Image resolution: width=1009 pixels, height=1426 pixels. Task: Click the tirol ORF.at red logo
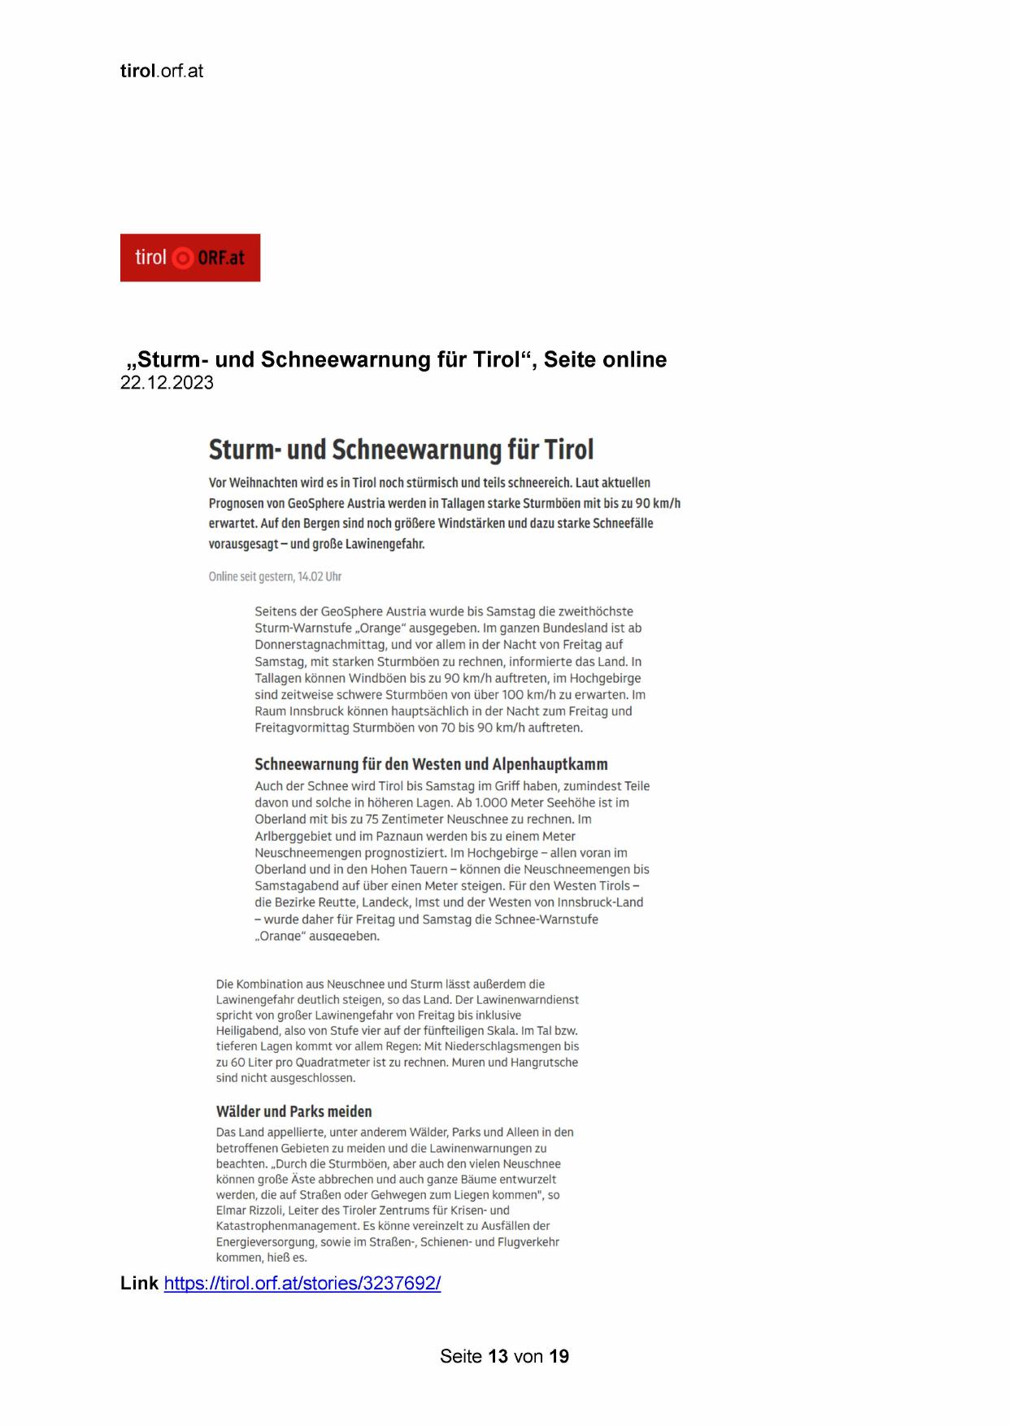189,258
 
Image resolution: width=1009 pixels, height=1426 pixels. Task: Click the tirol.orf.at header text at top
162,71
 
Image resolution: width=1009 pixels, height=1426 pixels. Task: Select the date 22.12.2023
167,383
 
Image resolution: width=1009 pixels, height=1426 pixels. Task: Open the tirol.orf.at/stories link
302,1283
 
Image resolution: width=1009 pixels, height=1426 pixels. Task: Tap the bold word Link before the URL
139,1283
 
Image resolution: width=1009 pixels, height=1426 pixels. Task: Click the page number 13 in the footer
498,1356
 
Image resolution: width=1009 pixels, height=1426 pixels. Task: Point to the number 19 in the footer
559,1356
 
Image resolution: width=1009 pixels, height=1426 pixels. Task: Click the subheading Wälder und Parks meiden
294,1111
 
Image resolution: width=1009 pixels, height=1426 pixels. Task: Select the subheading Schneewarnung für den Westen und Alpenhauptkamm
431,764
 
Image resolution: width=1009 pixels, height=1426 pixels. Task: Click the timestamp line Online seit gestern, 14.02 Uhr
275,576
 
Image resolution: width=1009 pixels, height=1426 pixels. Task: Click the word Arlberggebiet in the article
293,836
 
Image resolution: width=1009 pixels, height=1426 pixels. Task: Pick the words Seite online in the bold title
605,359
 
